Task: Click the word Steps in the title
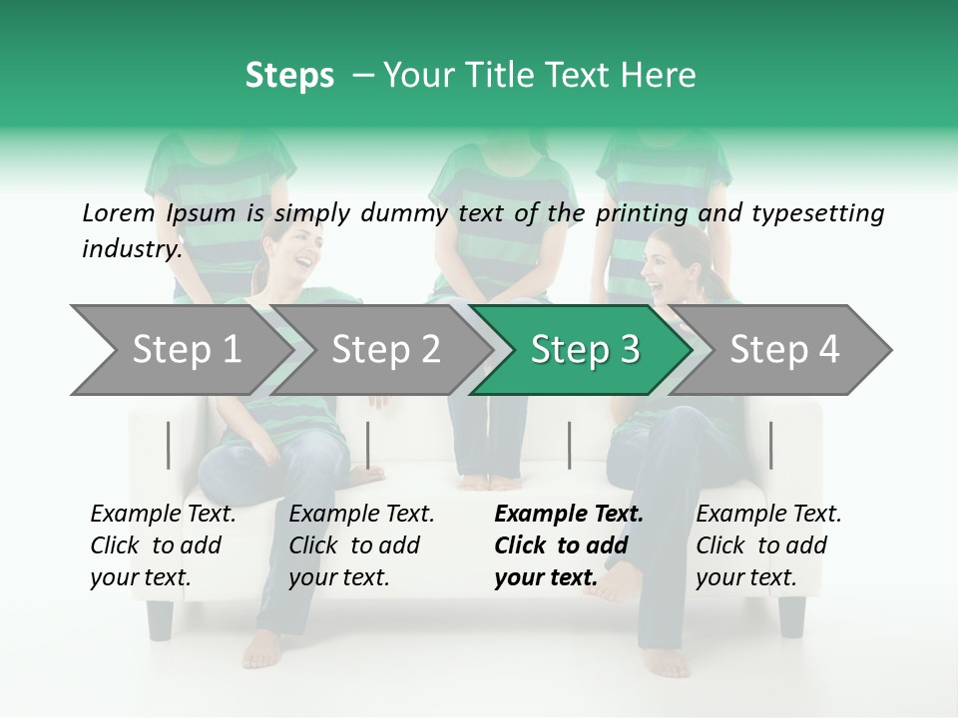click(289, 76)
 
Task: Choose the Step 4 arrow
click(784, 349)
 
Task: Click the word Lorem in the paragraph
click(119, 212)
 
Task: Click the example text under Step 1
click(163, 544)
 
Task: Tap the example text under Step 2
click(361, 544)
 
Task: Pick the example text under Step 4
click(768, 544)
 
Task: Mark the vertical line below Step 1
click(169, 445)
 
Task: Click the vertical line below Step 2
click(368, 445)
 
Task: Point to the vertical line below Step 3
click(569, 445)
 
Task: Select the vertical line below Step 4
click(770, 445)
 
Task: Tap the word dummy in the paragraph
click(410, 212)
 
